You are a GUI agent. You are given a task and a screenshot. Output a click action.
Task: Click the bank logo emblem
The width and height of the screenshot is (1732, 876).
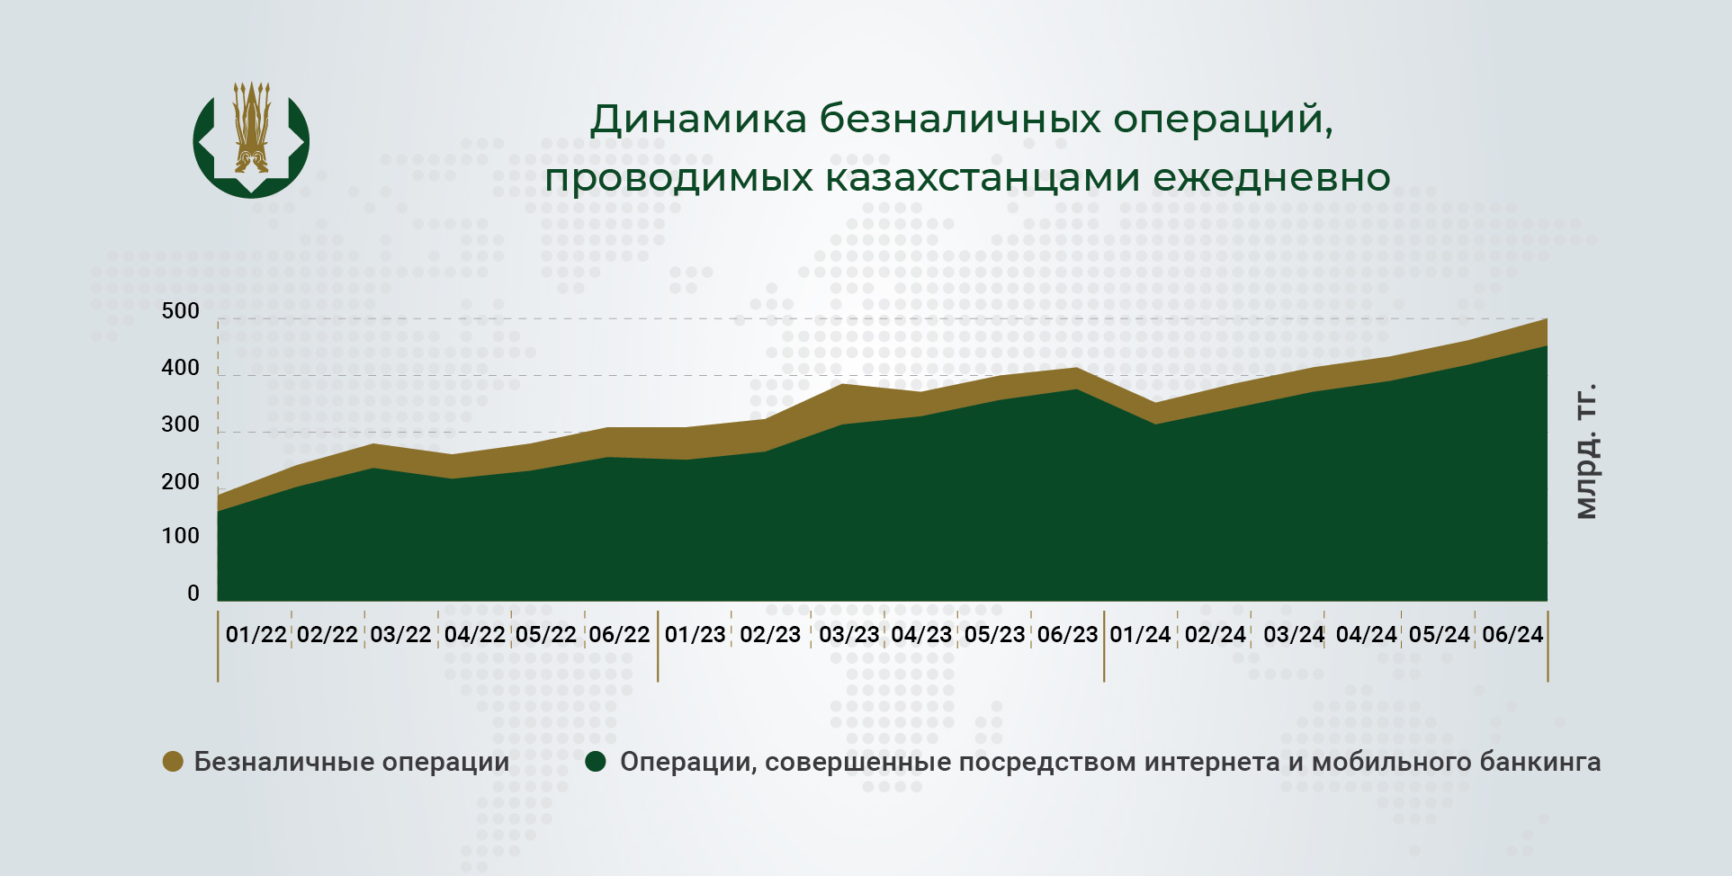point(251,139)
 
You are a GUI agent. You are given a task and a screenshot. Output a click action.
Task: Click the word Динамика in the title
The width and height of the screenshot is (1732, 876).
point(698,120)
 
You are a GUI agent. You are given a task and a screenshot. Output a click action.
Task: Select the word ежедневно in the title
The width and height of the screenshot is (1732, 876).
point(1271,178)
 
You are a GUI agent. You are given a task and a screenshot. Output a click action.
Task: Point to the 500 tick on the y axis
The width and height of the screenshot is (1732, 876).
point(180,311)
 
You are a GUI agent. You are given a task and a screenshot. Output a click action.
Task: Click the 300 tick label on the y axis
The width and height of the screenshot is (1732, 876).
point(180,425)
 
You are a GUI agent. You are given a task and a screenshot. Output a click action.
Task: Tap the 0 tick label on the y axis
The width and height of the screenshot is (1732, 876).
point(193,594)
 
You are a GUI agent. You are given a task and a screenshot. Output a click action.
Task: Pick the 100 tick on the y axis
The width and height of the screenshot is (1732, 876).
point(180,537)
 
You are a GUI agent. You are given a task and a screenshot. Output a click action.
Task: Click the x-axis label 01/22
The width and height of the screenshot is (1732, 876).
point(256,635)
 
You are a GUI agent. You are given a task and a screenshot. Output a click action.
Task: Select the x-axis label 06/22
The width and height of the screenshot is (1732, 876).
point(619,635)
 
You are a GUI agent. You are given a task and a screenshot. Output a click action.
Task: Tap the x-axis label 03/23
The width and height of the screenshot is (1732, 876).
point(848,635)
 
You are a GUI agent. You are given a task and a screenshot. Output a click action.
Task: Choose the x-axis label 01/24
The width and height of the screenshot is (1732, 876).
point(1140,635)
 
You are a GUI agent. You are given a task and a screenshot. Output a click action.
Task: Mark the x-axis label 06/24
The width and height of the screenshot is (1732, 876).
point(1512,635)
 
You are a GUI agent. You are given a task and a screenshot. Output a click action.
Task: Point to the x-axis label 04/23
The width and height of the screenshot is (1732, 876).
point(921,635)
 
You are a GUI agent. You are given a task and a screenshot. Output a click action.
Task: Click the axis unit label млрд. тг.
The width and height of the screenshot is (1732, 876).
point(1586,451)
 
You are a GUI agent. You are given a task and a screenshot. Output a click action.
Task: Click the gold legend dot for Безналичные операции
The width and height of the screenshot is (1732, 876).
point(173,762)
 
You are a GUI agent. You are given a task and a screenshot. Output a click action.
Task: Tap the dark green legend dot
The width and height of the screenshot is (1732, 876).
point(596,762)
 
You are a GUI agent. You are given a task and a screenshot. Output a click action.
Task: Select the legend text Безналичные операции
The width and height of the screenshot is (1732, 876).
point(352,763)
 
